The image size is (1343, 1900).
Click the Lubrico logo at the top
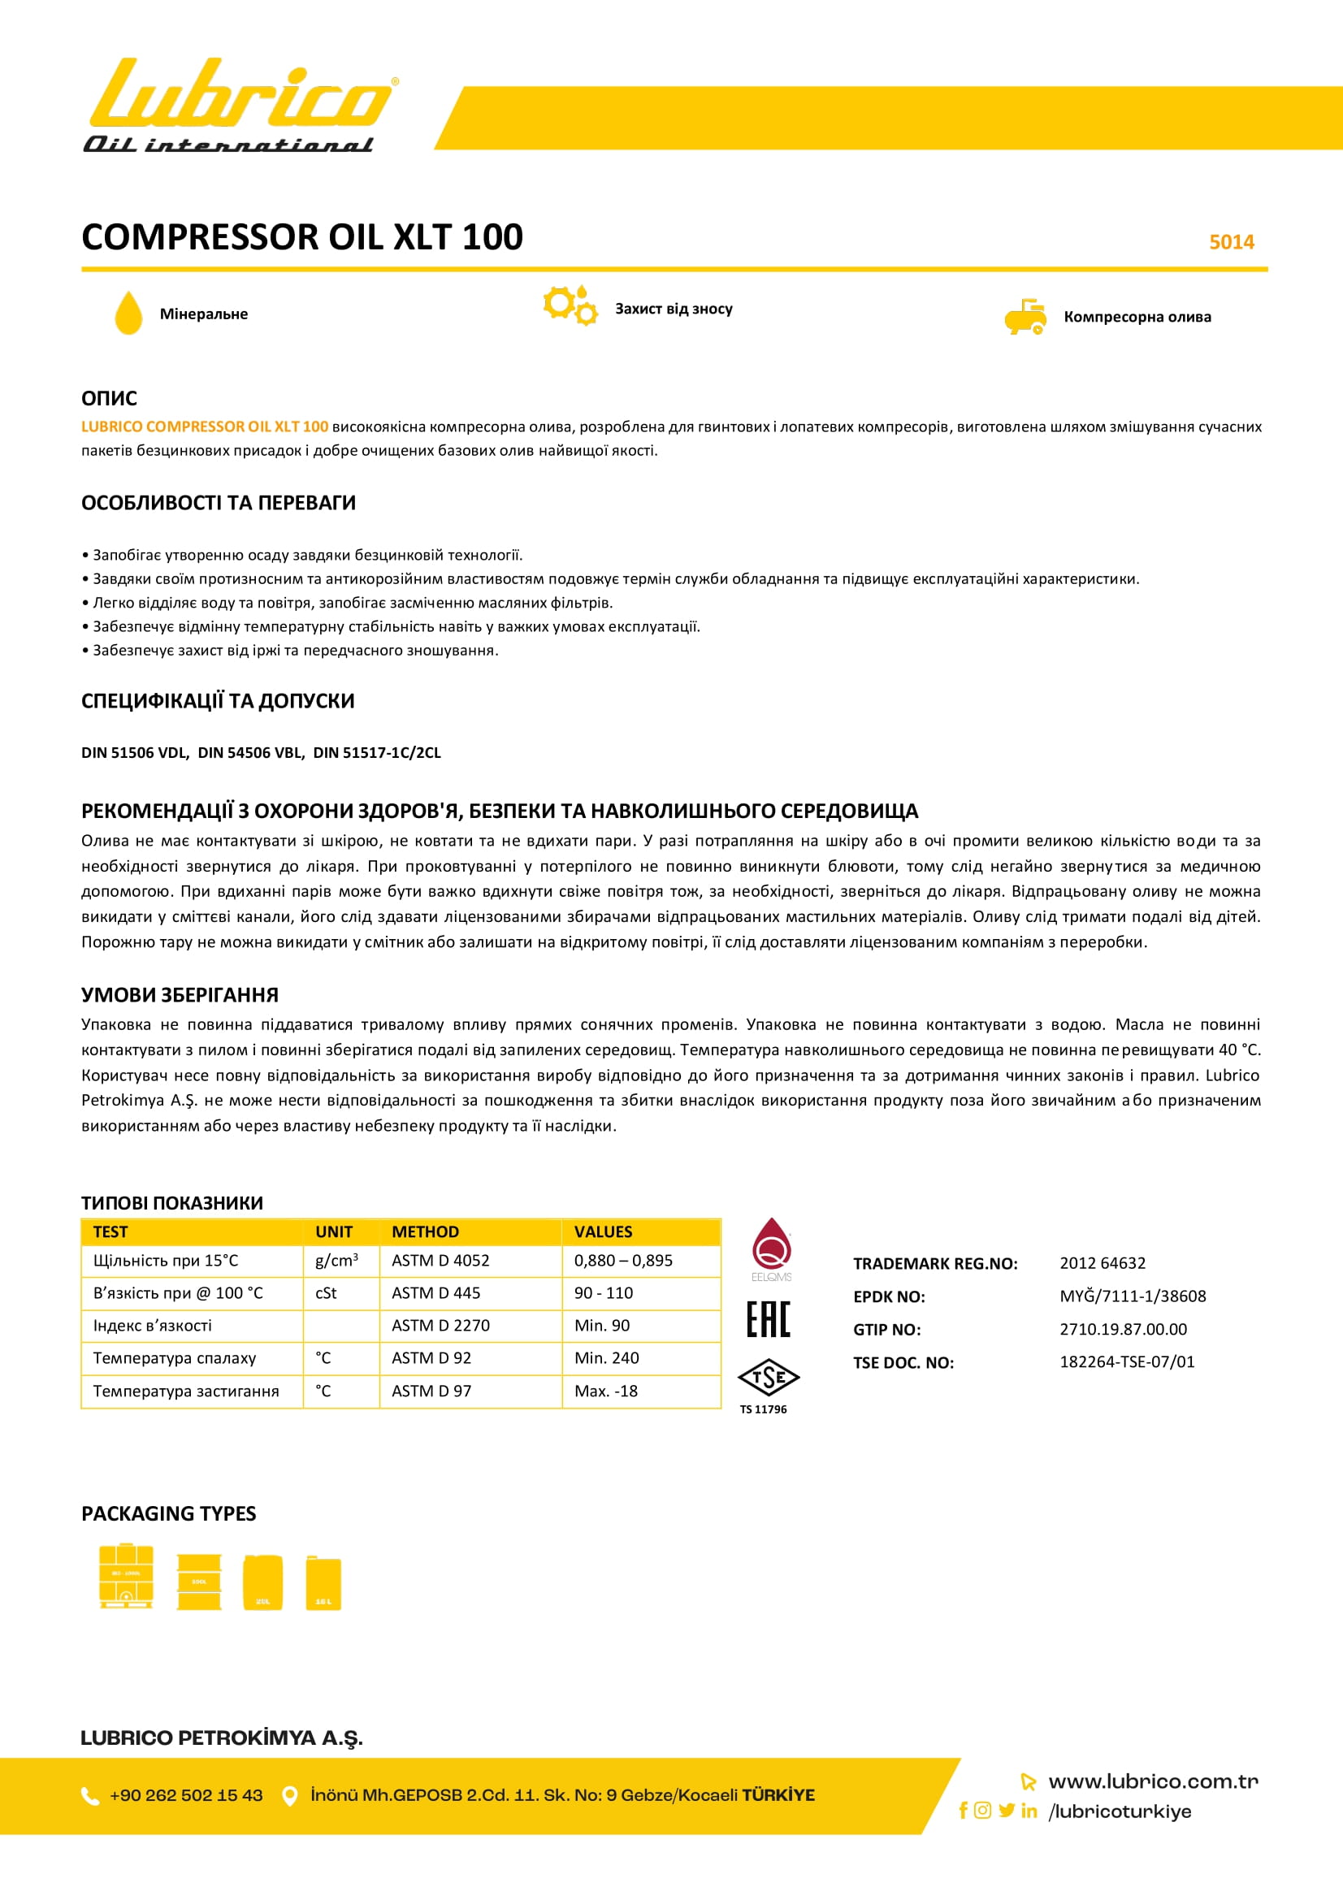pos(239,105)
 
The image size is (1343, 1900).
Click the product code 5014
pos(1232,241)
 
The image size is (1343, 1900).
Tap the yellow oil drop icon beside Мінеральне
pos(128,313)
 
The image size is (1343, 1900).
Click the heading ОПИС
pos(109,398)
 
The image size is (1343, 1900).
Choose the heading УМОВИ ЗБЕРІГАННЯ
pos(180,995)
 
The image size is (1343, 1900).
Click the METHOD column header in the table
pos(426,1231)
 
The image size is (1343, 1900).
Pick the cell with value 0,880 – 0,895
pos(623,1261)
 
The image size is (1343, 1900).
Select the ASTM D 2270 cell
pos(440,1325)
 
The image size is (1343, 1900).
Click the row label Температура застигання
pos(186,1391)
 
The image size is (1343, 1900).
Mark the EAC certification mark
pos(768,1319)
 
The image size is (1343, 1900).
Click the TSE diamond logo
pos(768,1378)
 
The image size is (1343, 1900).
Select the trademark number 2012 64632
pos(1103,1263)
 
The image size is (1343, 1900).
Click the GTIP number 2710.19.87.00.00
pos(1123,1329)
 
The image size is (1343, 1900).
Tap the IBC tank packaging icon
pos(126,1576)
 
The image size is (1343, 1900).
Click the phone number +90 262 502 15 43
pos(186,1795)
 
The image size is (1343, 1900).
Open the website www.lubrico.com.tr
pos(1153,1781)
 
